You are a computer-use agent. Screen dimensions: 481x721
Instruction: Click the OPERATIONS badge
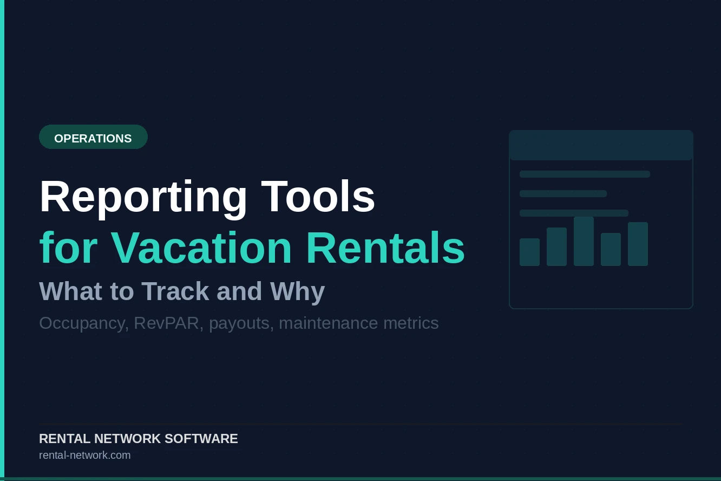pos(93,138)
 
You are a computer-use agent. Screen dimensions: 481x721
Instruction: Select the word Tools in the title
pos(318,197)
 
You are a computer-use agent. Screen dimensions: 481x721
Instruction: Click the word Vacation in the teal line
pos(201,248)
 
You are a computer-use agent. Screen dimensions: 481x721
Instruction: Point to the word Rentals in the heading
pos(385,248)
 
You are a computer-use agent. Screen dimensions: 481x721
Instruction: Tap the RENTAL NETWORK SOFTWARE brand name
pos(139,439)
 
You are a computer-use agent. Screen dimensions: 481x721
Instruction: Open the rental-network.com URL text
pos(85,455)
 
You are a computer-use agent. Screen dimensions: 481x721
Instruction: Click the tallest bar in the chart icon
pos(584,242)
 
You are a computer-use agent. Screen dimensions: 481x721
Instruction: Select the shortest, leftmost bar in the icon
pos(529,252)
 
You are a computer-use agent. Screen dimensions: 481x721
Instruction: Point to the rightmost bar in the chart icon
pos(638,244)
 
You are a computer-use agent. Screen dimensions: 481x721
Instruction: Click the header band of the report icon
pos(601,145)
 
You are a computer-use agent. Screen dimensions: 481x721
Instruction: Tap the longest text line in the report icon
pos(585,174)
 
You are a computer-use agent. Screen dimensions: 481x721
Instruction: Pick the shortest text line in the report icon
pos(563,193)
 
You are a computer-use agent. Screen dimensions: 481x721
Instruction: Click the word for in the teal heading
pos(68,248)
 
